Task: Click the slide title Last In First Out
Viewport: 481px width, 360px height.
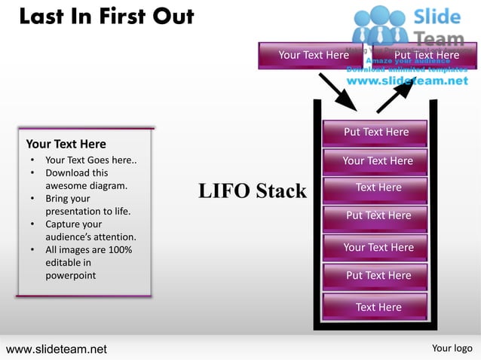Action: (x=106, y=17)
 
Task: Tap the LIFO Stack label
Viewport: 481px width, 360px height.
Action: (x=252, y=191)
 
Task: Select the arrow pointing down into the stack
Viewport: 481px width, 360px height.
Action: (x=337, y=92)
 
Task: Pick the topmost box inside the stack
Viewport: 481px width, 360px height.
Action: (x=375, y=133)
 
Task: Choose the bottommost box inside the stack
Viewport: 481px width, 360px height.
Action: (x=375, y=307)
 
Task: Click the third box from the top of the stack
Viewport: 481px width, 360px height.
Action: (x=375, y=188)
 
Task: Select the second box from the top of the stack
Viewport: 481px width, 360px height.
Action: (x=375, y=161)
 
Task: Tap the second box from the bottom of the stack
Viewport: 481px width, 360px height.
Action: (x=375, y=276)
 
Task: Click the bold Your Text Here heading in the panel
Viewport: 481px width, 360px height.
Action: (x=66, y=144)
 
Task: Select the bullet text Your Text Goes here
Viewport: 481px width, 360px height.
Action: (x=90, y=160)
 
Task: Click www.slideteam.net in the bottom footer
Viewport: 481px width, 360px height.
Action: (x=57, y=349)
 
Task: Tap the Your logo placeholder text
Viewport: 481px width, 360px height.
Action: (x=452, y=348)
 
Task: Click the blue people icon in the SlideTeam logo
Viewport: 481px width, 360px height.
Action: (x=381, y=26)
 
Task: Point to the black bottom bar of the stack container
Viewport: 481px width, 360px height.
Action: (x=375, y=328)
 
